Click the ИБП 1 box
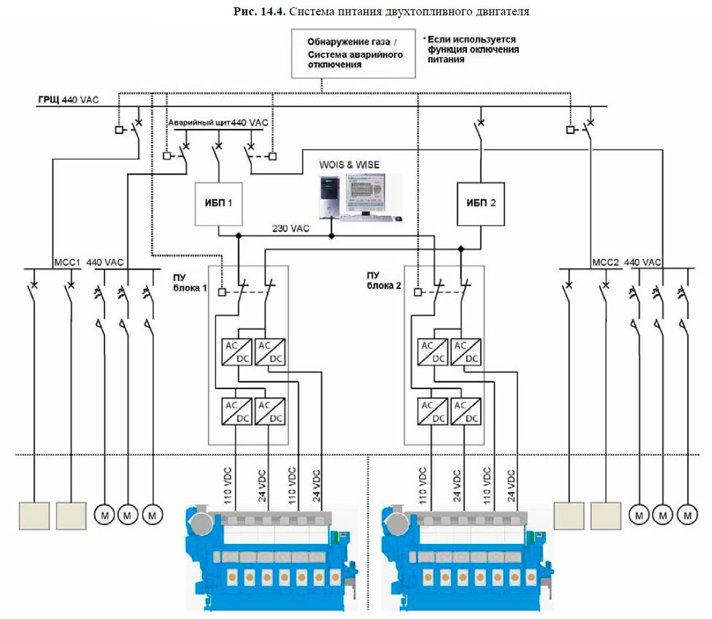[219, 203]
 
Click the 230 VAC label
[290, 228]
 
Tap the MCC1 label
[66, 262]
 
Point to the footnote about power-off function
[471, 50]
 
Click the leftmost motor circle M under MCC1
[105, 513]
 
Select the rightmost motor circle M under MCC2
[688, 513]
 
